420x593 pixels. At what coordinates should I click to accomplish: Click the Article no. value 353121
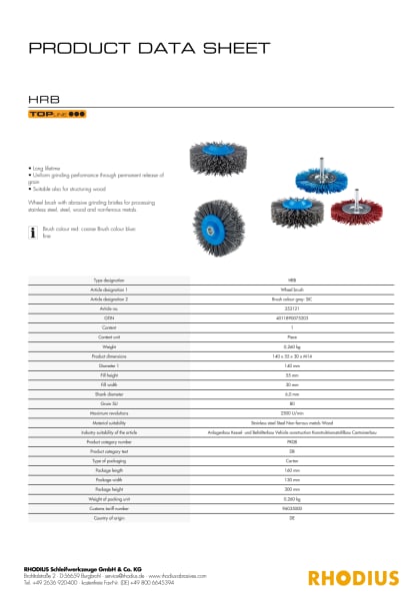[x=292, y=309]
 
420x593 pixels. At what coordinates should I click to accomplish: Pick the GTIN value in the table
[x=292, y=318]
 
